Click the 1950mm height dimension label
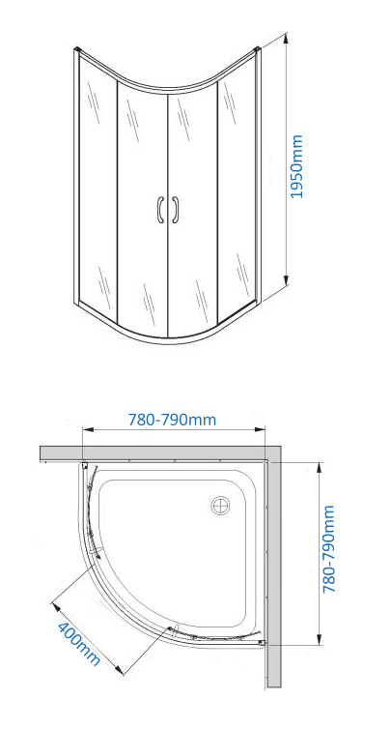[296, 166]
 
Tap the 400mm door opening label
[78, 644]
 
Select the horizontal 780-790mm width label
[172, 420]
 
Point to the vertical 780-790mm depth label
[329, 548]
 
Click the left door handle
[160, 210]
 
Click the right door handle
[175, 210]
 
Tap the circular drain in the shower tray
[220, 506]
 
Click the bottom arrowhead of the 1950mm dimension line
[287, 279]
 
